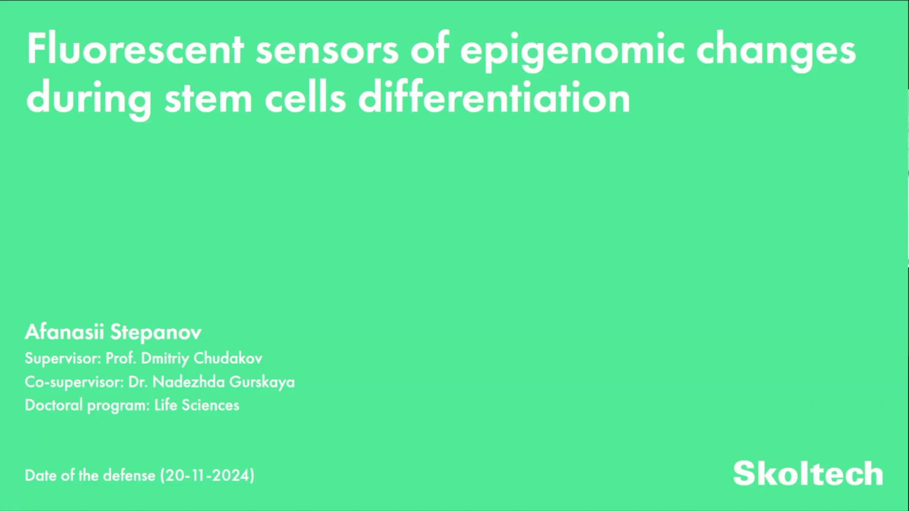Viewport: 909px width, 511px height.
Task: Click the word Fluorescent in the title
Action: click(x=135, y=50)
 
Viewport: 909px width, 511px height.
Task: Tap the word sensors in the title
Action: click(x=327, y=50)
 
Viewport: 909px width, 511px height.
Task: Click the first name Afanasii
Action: click(x=64, y=332)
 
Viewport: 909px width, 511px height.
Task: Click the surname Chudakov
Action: click(x=228, y=358)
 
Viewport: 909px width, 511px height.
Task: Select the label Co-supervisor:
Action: click(x=74, y=382)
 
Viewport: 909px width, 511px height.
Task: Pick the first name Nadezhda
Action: click(x=188, y=382)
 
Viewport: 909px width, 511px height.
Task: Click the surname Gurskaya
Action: click(x=262, y=382)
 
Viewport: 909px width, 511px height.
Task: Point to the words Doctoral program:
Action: click(x=87, y=405)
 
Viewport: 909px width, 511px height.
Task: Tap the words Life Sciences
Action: click(x=196, y=405)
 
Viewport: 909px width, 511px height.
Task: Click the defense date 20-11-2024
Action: click(x=207, y=476)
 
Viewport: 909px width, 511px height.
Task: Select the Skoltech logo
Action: click(x=808, y=473)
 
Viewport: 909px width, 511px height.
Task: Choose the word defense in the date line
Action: click(x=129, y=475)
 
